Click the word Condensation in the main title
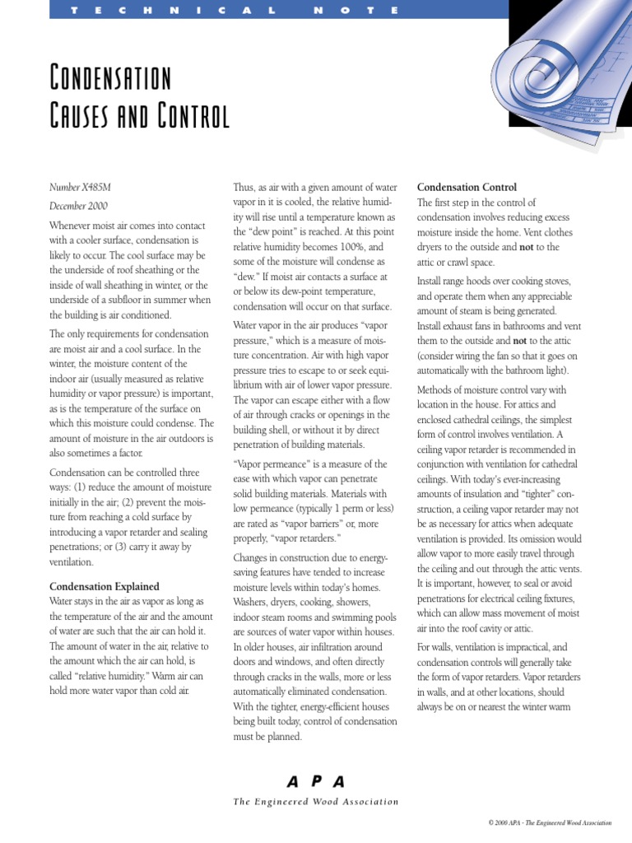(x=110, y=80)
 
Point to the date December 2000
(x=78, y=206)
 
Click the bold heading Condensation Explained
(x=104, y=586)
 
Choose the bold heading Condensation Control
(x=467, y=188)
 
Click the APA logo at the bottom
(x=315, y=781)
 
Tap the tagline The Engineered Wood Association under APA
(x=315, y=802)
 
